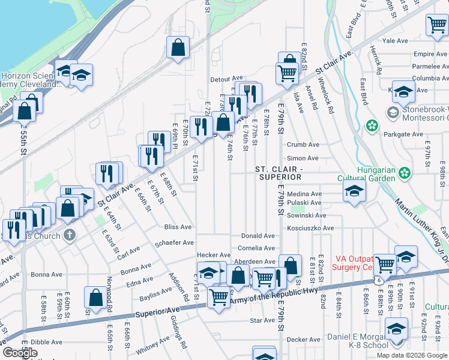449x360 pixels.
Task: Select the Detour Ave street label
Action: point(226,79)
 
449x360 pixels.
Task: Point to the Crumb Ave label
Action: point(303,145)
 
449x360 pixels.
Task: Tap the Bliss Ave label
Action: point(178,227)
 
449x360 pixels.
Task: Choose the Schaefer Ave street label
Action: point(174,242)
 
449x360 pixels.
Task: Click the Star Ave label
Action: point(262,320)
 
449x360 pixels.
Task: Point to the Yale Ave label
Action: point(395,41)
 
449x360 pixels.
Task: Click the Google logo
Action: point(20,353)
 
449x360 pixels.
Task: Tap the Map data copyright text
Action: point(411,355)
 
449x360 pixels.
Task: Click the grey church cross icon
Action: point(70,235)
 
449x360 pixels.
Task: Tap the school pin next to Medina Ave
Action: point(354,192)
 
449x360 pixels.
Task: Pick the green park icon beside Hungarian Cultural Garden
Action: point(406,173)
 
